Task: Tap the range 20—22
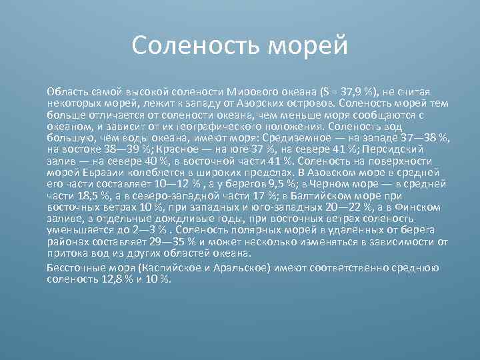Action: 345,207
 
